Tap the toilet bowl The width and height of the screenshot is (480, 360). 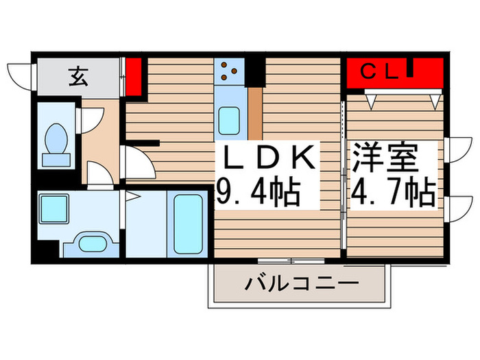click(x=53, y=138)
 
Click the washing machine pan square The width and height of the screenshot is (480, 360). click(x=52, y=206)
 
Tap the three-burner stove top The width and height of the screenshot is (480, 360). click(x=229, y=70)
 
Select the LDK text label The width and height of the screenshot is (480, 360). click(x=267, y=160)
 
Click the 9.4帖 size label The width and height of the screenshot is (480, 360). click(x=259, y=194)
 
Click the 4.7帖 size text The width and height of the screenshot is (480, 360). click(x=394, y=193)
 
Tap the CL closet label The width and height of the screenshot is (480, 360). click(x=379, y=71)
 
